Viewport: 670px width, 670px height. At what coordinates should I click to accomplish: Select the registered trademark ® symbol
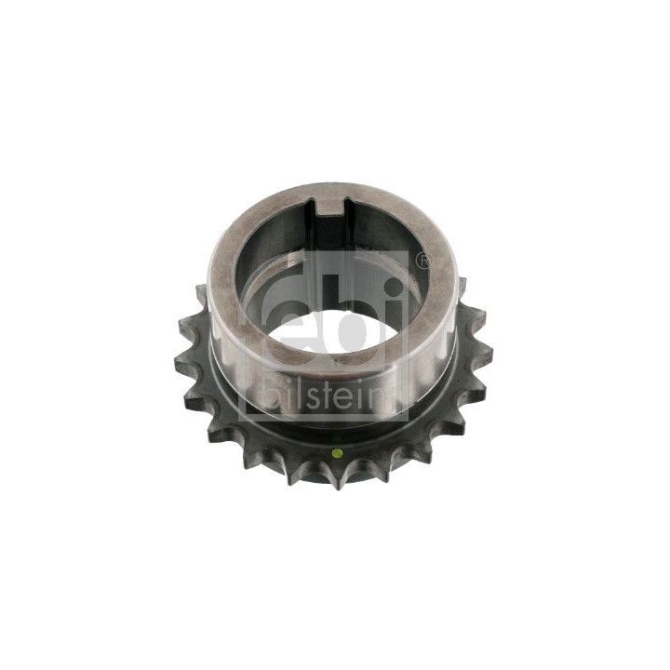click(x=423, y=263)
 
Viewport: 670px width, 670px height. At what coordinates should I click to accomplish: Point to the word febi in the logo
click(x=326, y=307)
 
